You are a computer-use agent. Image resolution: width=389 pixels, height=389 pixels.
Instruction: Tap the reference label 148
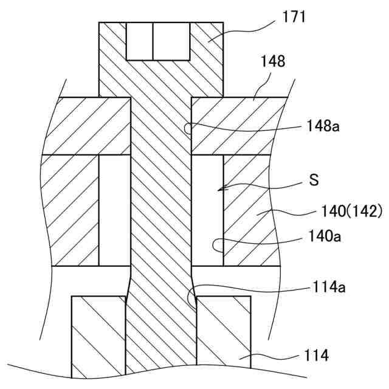[x=274, y=61]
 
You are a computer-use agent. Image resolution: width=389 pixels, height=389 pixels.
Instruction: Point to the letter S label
[x=314, y=180]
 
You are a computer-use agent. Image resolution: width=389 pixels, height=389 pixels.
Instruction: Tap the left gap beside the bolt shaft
[x=115, y=210]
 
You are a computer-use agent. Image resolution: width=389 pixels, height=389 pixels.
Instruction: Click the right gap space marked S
[x=207, y=210]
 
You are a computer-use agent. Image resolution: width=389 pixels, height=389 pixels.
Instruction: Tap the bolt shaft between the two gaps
[x=161, y=210]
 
